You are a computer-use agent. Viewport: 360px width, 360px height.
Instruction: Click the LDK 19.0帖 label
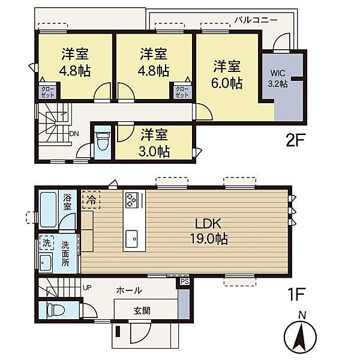pyautogui.click(x=209, y=231)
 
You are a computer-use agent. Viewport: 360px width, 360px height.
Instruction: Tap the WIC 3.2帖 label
pyautogui.click(x=278, y=79)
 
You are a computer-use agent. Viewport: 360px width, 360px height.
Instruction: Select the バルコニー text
pyautogui.click(x=256, y=20)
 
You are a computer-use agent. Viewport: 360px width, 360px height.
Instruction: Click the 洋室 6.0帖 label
pyautogui.click(x=227, y=74)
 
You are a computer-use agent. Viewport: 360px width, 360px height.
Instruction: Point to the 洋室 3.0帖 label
pyautogui.click(x=154, y=143)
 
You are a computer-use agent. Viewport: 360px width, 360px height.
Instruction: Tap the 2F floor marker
pyautogui.click(x=295, y=140)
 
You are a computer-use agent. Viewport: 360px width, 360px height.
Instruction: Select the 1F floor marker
pyautogui.click(x=296, y=294)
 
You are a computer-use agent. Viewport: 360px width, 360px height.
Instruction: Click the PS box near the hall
pyautogui.click(x=185, y=281)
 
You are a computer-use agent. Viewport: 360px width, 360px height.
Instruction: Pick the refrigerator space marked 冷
pyautogui.click(x=91, y=200)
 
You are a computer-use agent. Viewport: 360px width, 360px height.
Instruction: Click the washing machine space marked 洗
pyautogui.click(x=47, y=242)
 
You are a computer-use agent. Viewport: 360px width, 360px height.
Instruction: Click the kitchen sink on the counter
pyautogui.click(x=131, y=239)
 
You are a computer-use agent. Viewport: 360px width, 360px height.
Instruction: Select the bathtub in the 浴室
pyautogui.click(x=48, y=209)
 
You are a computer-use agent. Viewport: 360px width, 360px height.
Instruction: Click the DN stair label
pyautogui.click(x=74, y=134)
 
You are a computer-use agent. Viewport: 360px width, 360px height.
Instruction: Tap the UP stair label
pyautogui.click(x=87, y=287)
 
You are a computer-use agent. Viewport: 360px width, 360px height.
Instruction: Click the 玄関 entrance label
pyautogui.click(x=142, y=311)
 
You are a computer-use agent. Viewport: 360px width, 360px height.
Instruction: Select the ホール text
pyautogui.click(x=129, y=290)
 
